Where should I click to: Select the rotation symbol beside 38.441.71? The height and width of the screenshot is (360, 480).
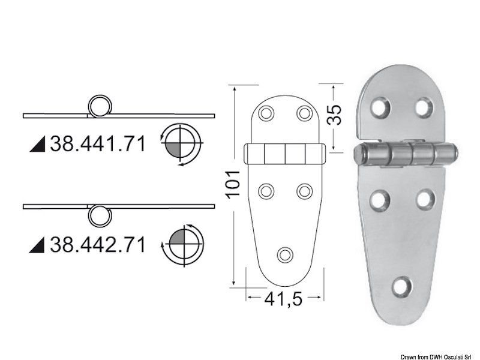pyautogui.click(x=182, y=143)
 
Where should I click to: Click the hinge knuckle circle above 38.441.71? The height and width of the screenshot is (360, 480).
pyautogui.click(x=100, y=107)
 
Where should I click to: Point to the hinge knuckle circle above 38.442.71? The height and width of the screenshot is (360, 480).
pyautogui.click(x=100, y=215)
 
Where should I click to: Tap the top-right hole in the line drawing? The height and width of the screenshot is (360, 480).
pyautogui.click(x=304, y=112)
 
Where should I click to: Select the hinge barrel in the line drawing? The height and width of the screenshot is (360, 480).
pyautogui.click(x=285, y=154)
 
